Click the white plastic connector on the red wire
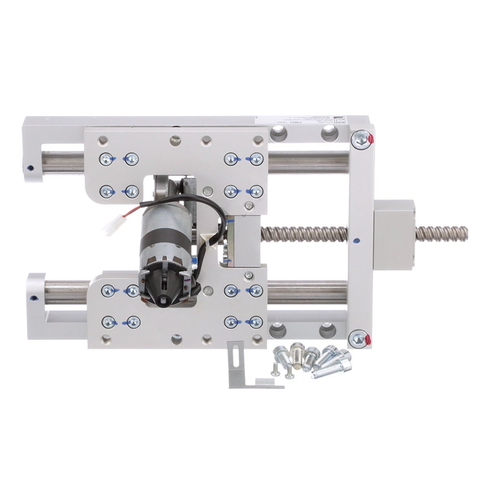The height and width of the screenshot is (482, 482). [112, 225]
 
